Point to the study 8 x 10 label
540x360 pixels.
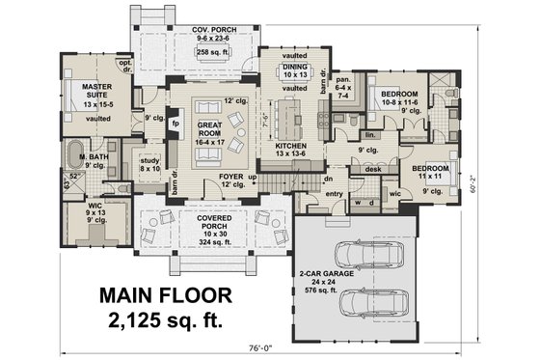148,164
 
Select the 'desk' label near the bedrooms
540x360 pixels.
372,169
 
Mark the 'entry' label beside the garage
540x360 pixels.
334,194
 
